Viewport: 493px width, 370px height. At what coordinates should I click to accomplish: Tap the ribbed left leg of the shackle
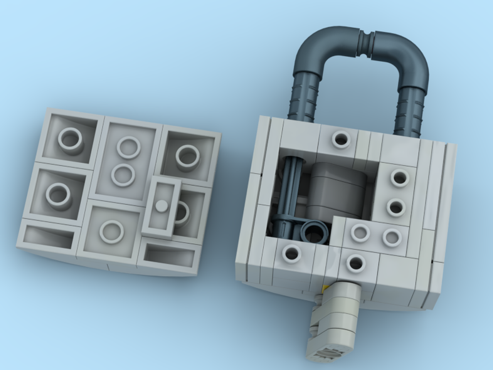click(x=304, y=99)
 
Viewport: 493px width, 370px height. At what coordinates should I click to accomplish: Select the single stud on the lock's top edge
click(x=340, y=139)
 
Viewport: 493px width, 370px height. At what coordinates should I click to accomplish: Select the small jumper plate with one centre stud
click(x=161, y=206)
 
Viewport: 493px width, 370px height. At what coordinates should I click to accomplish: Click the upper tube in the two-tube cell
click(x=128, y=148)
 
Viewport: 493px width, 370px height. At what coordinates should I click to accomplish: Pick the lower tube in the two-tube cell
click(x=123, y=175)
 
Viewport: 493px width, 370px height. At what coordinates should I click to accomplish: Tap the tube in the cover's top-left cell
click(x=70, y=140)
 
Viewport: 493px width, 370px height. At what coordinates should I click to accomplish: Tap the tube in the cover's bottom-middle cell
click(x=112, y=231)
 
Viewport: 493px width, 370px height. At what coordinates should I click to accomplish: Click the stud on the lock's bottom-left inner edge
click(x=291, y=254)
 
